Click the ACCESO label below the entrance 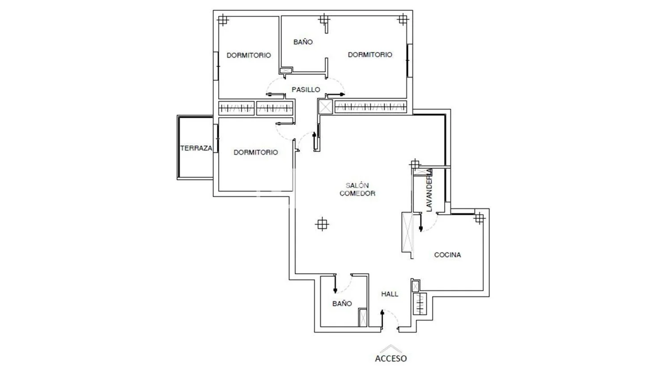pyautogui.click(x=391, y=358)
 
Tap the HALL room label pyautogui.click(x=390, y=294)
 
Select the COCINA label pyautogui.click(x=447, y=255)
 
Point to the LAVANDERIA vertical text pyautogui.click(x=429, y=190)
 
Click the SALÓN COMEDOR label pyautogui.click(x=357, y=189)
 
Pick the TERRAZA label pyautogui.click(x=196, y=148)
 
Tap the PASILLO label pyautogui.click(x=306, y=90)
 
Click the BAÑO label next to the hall pyautogui.click(x=342, y=304)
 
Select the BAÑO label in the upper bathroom pyautogui.click(x=303, y=42)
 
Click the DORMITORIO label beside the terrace pyautogui.click(x=256, y=152)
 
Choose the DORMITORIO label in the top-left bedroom pyautogui.click(x=249, y=55)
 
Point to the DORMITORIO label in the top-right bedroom pyautogui.click(x=370, y=55)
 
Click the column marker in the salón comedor pyautogui.click(x=322, y=224)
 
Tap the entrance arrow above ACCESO pyautogui.click(x=391, y=348)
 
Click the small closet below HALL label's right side pyautogui.click(x=420, y=304)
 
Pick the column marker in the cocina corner pyautogui.click(x=479, y=218)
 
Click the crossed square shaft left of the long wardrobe pyautogui.click(x=326, y=107)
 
